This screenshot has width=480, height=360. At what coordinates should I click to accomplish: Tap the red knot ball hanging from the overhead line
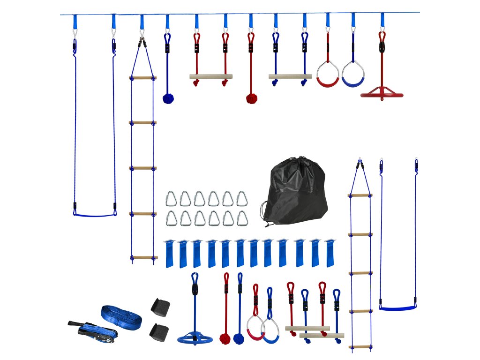click(252, 98)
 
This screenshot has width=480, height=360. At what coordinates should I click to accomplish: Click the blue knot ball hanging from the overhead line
click(168, 98)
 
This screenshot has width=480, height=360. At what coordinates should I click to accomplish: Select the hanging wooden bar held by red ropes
click(211, 76)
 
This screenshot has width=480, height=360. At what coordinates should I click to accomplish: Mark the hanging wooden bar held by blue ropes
click(290, 76)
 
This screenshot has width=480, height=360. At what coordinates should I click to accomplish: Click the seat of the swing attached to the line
click(95, 215)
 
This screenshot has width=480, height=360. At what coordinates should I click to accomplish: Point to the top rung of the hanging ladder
click(142, 78)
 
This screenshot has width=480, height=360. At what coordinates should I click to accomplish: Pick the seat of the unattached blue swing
click(397, 308)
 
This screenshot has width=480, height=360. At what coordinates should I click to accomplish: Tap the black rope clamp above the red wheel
click(382, 47)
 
